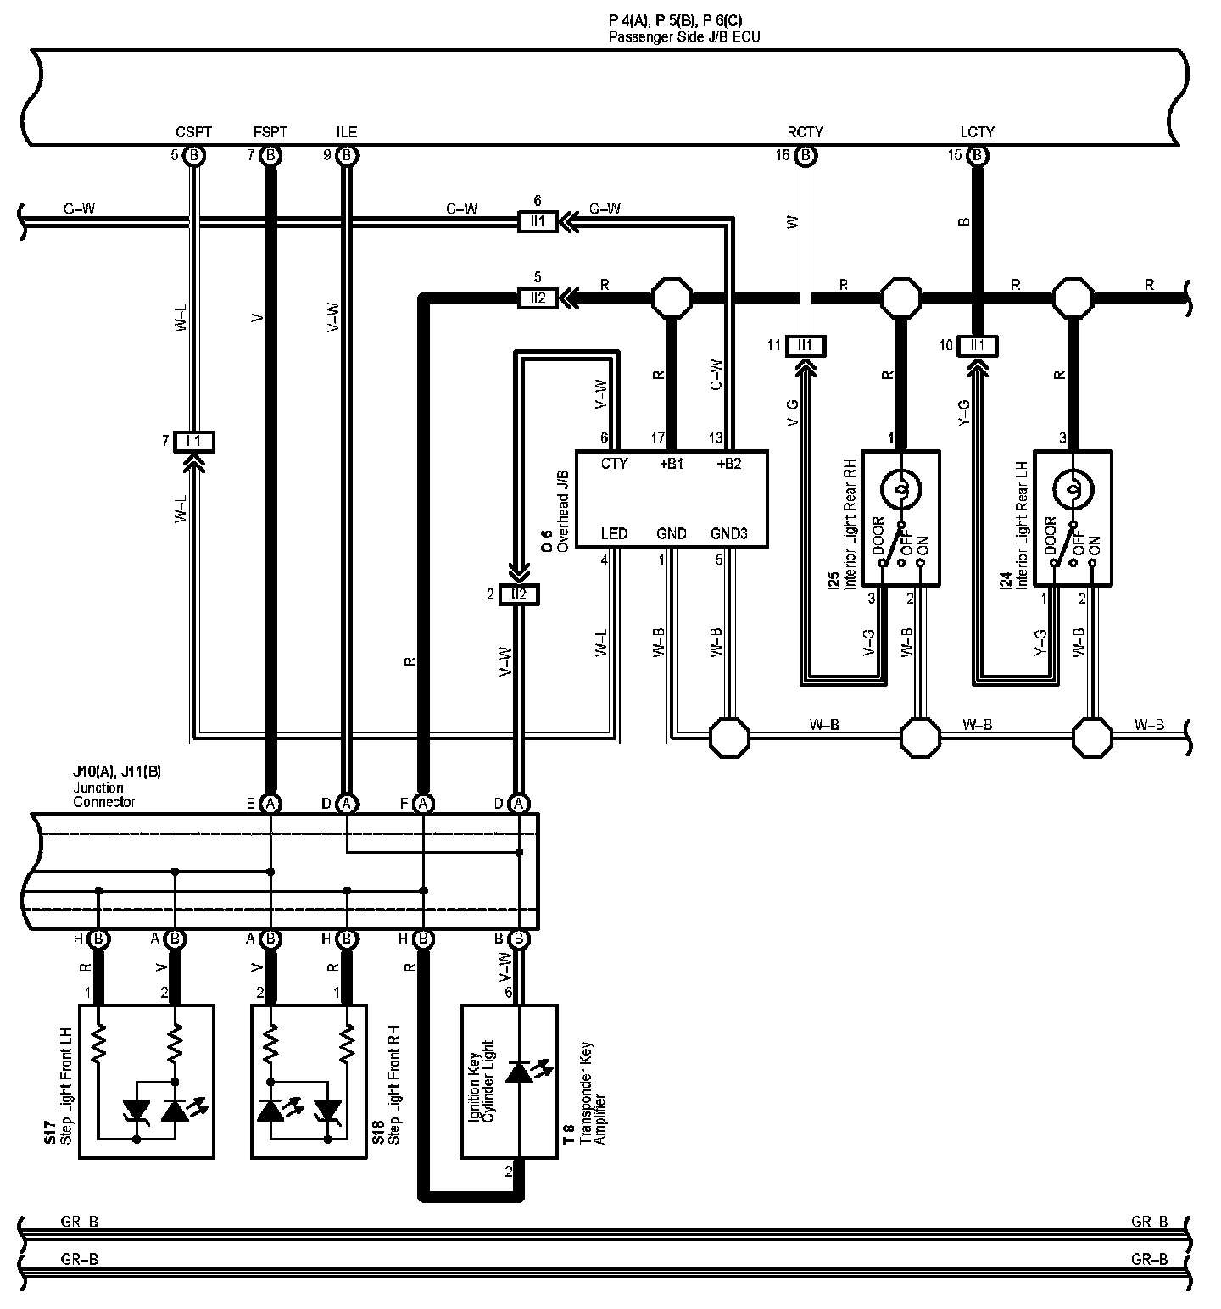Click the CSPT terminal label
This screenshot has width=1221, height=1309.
pyautogui.click(x=193, y=132)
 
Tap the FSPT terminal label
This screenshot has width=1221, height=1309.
pyautogui.click(x=270, y=132)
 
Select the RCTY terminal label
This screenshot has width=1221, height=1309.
pyautogui.click(x=805, y=132)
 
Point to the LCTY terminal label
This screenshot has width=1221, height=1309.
pyautogui.click(x=977, y=132)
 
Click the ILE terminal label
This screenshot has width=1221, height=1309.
pyautogui.click(x=346, y=132)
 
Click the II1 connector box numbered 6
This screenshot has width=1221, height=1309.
pyautogui.click(x=538, y=222)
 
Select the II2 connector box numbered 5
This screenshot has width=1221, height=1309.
pyautogui.click(x=538, y=298)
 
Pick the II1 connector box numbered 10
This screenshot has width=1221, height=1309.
pyautogui.click(x=978, y=345)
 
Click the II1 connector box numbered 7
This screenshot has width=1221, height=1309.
pyautogui.click(x=194, y=441)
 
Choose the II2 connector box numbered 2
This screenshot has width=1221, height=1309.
pyautogui.click(x=518, y=594)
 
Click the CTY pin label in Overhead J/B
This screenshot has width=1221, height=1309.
pyautogui.click(x=614, y=464)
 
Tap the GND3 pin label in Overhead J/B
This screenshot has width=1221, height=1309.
pyautogui.click(x=729, y=533)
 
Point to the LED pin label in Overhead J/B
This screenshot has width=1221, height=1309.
pyautogui.click(x=614, y=533)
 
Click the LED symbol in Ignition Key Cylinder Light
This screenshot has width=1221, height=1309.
pyautogui.click(x=519, y=1072)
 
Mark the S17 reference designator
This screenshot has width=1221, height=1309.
pyautogui.click(x=50, y=1134)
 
